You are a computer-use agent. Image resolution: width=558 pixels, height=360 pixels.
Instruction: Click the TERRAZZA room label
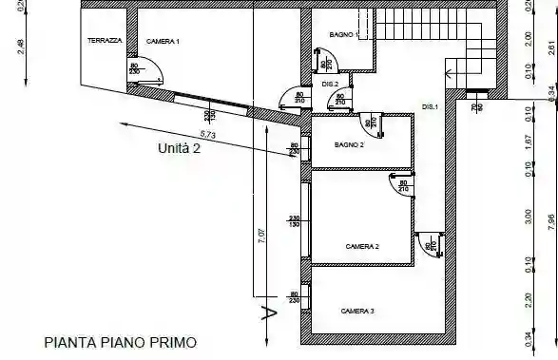tap(104, 41)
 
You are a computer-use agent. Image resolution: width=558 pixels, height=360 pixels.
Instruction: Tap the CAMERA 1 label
tap(164, 42)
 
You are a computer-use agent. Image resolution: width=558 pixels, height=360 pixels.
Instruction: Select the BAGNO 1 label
tap(342, 35)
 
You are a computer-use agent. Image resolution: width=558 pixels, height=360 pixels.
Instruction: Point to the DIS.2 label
tap(330, 85)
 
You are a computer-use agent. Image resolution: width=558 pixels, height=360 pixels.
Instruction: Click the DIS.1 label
tap(430, 106)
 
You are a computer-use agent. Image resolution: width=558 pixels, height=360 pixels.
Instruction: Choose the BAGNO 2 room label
tap(350, 145)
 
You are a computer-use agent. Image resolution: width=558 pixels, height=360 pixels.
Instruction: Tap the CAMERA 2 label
tap(361, 246)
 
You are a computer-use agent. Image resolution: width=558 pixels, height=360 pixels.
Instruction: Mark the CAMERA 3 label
tap(357, 312)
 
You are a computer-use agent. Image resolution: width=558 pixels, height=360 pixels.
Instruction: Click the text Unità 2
tap(180, 148)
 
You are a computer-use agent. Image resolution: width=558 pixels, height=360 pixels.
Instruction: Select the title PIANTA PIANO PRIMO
tap(120, 340)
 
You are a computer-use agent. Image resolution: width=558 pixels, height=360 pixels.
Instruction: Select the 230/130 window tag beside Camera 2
tap(294, 222)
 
